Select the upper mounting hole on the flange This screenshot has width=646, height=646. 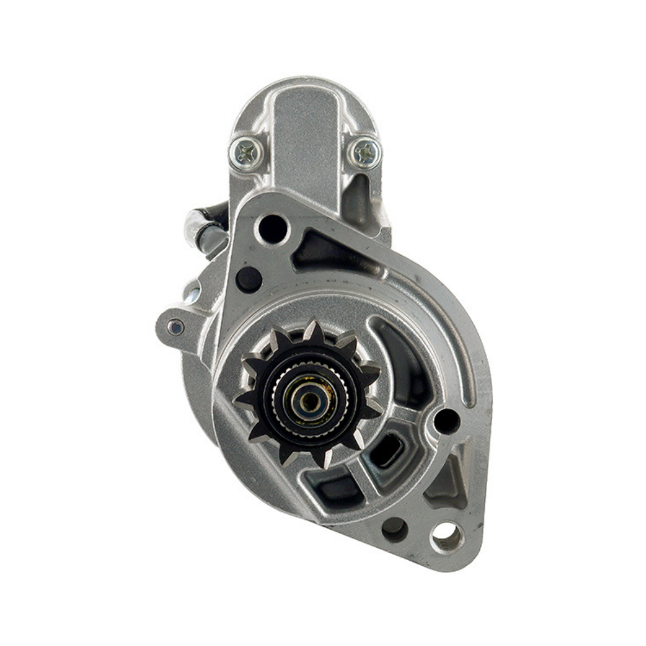(x=272, y=228)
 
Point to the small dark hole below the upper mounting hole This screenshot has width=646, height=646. (x=249, y=279)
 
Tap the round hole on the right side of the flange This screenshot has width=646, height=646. (x=446, y=421)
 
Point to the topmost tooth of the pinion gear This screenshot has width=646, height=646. (x=313, y=329)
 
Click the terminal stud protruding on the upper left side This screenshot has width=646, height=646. (x=198, y=226)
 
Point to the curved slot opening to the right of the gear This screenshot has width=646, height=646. (x=404, y=362)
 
